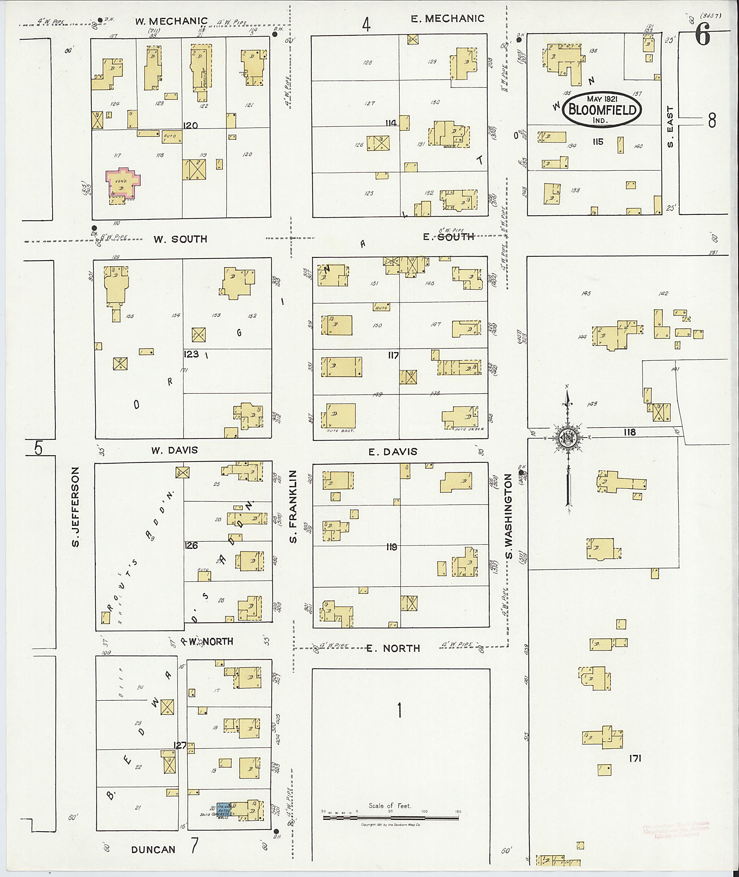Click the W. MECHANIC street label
(x=172, y=21)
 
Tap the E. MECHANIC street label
(x=447, y=18)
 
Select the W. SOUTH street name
(x=180, y=239)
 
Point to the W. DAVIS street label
(x=174, y=450)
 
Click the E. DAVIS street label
(x=393, y=451)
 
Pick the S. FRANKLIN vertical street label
(x=293, y=507)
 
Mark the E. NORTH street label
(x=393, y=648)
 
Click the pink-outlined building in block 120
(x=123, y=182)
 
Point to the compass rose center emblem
(x=568, y=438)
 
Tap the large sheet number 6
(x=703, y=35)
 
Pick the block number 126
(x=191, y=546)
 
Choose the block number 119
(x=392, y=547)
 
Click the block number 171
(x=635, y=758)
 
